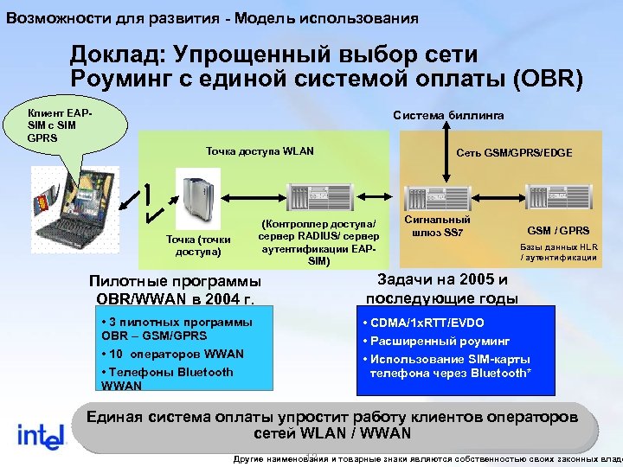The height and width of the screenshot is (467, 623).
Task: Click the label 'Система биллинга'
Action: [448, 116]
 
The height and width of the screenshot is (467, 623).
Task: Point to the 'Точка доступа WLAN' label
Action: [260, 151]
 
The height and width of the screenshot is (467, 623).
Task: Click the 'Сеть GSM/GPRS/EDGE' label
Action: [514, 152]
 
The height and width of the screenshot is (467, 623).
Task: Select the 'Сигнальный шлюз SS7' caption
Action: [438, 227]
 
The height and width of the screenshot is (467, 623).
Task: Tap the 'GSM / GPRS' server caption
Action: [558, 231]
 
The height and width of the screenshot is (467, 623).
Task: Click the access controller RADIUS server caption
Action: [318, 242]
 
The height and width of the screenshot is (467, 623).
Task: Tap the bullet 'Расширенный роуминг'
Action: [436, 341]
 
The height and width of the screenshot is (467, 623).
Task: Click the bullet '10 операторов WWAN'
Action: [173, 354]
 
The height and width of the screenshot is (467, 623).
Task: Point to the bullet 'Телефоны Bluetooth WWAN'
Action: [167, 378]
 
